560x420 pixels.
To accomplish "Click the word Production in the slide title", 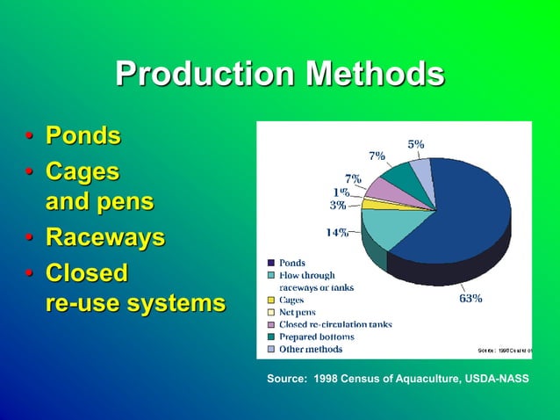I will pos(205,75).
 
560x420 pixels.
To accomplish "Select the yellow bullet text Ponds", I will pos(83,137).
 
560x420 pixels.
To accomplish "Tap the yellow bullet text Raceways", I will pos(105,238).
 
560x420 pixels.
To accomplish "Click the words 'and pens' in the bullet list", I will pos(98,202).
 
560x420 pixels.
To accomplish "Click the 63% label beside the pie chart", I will pos(470,298).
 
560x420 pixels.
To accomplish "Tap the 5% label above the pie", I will pos(415,143).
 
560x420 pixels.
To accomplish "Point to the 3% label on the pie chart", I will pos(337,206).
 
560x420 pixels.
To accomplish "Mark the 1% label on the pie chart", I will pos(341,192).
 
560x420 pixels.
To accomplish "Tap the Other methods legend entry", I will pos(310,349).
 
